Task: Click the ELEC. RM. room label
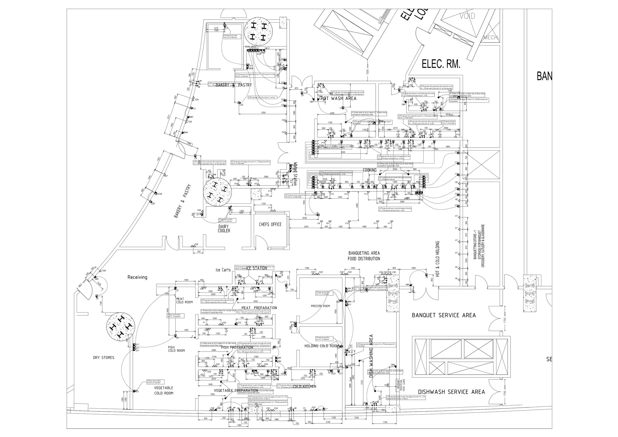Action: click(441, 64)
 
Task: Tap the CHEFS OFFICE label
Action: click(270, 225)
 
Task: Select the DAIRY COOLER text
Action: click(224, 229)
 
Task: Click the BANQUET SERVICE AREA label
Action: click(444, 315)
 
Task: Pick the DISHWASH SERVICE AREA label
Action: click(451, 392)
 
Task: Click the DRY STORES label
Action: click(104, 358)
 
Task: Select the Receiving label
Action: click(137, 277)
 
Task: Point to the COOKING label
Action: click(370, 170)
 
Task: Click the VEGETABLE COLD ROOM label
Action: click(164, 391)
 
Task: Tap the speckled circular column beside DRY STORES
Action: click(121, 327)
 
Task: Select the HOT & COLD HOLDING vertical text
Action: click(438, 259)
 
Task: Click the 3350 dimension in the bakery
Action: click(263, 113)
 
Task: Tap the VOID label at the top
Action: click(467, 16)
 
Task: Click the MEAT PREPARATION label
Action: click(259, 308)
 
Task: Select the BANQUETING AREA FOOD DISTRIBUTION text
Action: click(364, 256)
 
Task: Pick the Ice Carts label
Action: click(223, 270)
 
